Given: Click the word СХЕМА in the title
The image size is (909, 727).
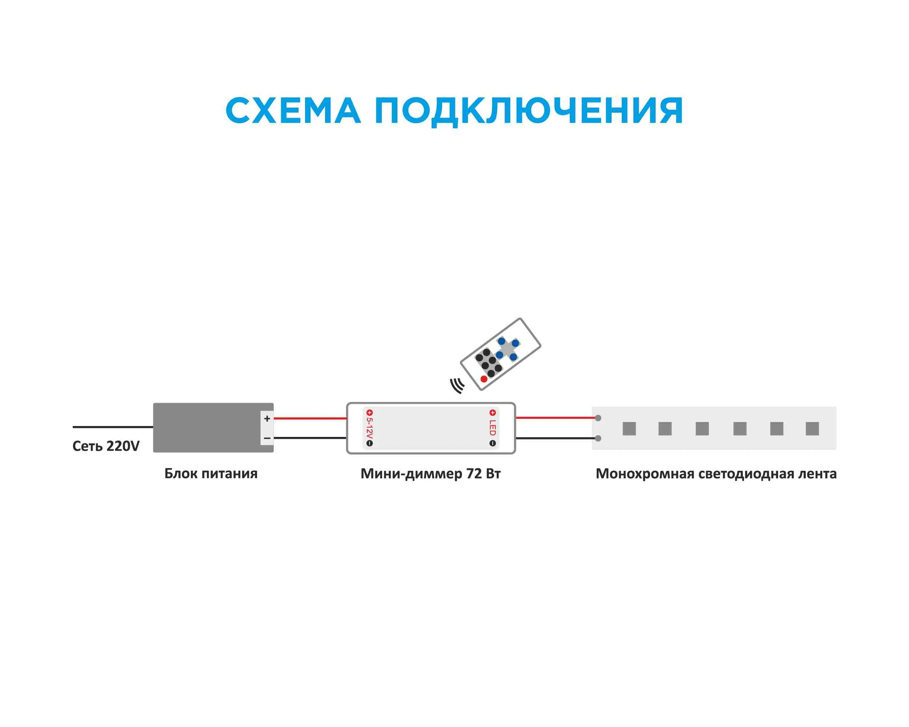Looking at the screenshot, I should click(x=293, y=111).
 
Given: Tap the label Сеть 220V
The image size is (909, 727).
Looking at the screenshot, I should click(x=106, y=446).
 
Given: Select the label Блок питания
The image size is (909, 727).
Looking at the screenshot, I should click(x=211, y=474).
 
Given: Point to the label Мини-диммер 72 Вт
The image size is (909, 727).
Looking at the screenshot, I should click(x=431, y=474).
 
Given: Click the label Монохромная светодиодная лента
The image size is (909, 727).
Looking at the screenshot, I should click(x=716, y=474).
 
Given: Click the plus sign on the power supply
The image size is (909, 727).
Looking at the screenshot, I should click(x=267, y=418).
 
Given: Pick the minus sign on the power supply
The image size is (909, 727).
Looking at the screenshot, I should click(x=267, y=438).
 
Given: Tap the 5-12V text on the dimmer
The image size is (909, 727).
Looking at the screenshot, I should click(x=369, y=428).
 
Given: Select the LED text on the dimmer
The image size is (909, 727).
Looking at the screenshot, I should click(x=492, y=428).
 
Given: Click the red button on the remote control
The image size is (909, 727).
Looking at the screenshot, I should click(x=484, y=379).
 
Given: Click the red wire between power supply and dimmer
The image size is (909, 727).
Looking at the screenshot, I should click(x=310, y=418).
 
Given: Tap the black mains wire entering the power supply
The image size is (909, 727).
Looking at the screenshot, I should click(x=113, y=427).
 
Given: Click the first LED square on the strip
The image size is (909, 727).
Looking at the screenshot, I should click(x=629, y=429).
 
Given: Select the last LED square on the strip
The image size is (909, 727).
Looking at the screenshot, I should click(x=812, y=429).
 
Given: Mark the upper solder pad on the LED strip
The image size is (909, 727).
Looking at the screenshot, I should click(x=598, y=418).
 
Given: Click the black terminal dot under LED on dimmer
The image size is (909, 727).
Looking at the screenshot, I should click(x=492, y=443).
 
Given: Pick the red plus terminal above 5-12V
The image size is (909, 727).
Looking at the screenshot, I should click(x=369, y=413).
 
